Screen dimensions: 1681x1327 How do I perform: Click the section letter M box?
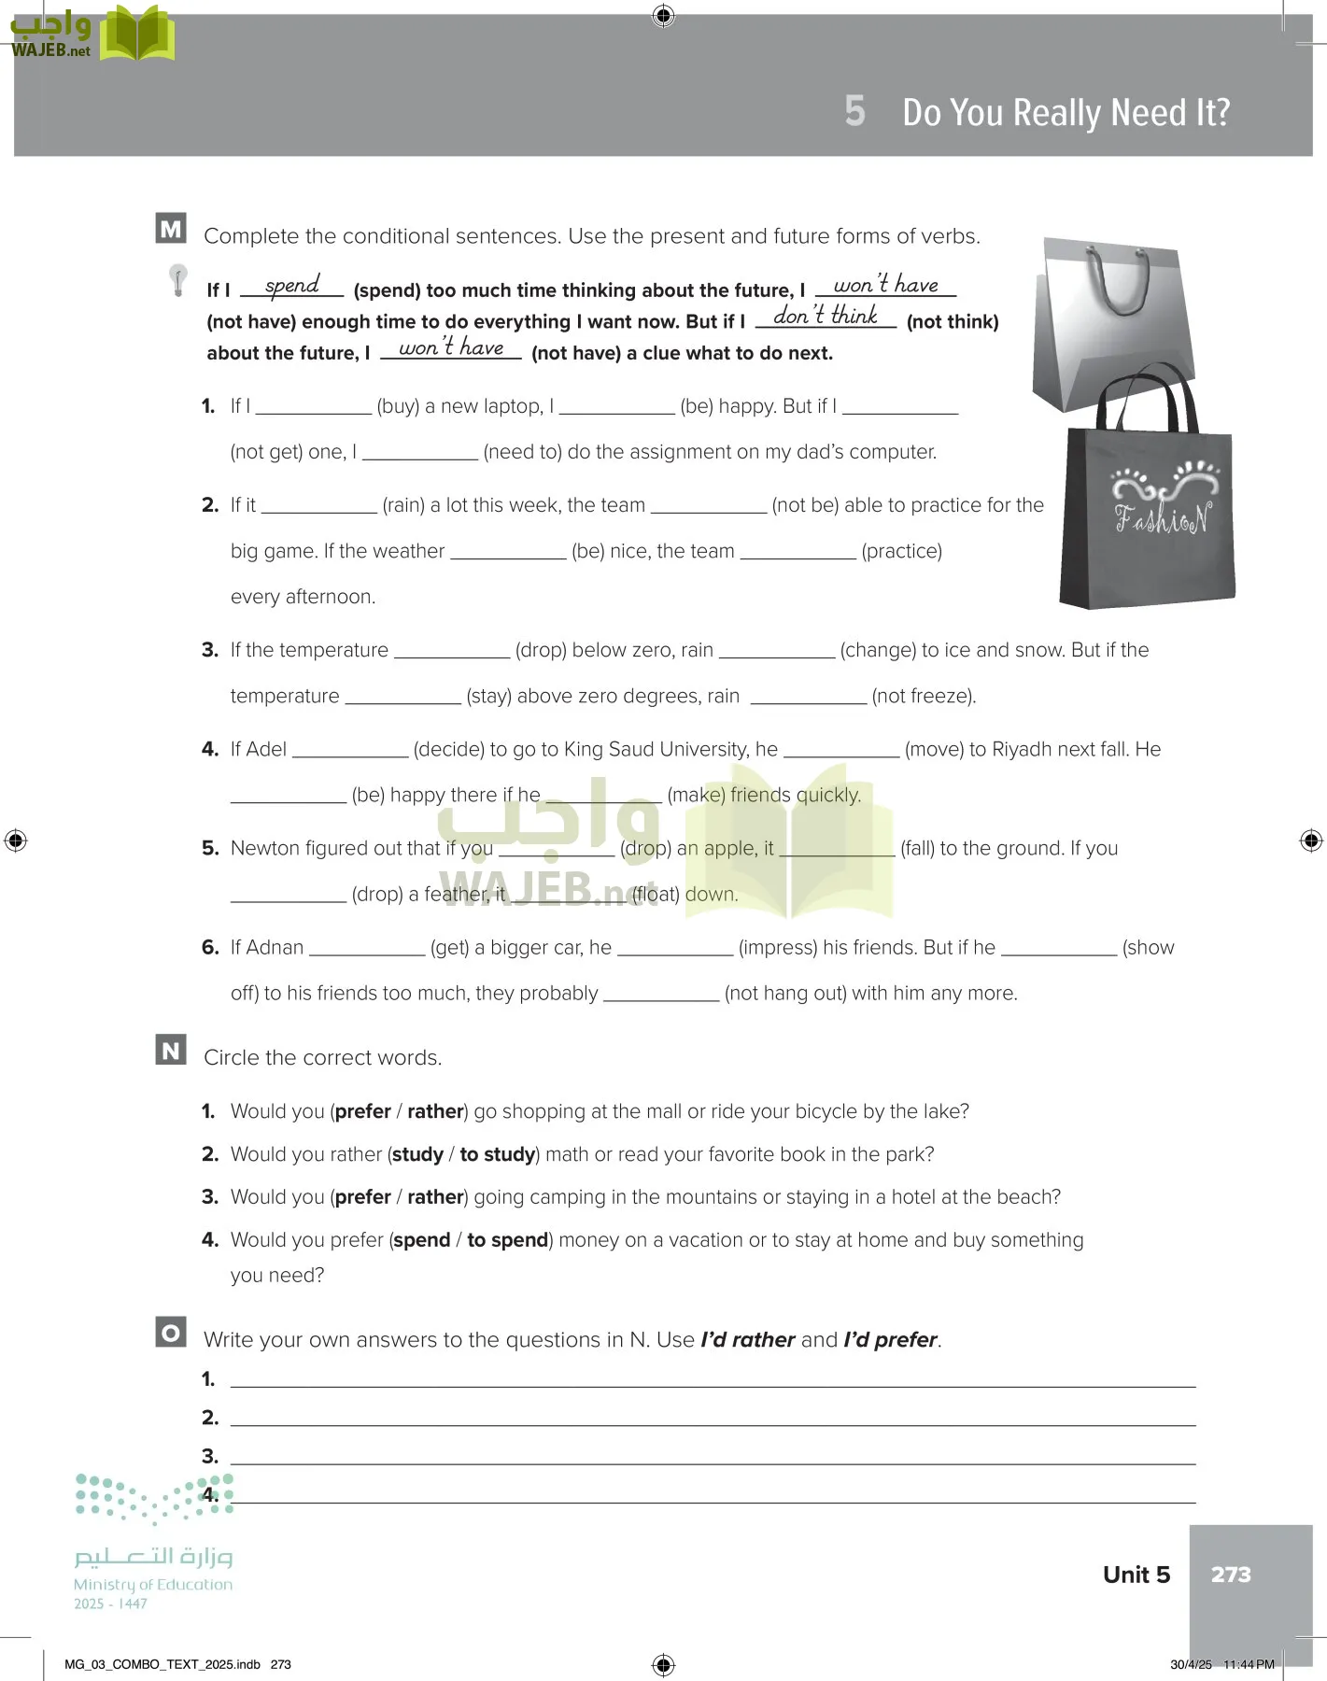tap(171, 229)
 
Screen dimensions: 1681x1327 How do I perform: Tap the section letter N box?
tap(171, 1050)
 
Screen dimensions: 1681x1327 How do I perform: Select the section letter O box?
tap(171, 1332)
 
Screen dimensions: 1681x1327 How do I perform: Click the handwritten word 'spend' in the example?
tap(291, 286)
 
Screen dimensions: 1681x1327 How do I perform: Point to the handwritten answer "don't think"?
tap(826, 316)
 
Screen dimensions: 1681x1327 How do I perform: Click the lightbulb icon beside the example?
tap(177, 279)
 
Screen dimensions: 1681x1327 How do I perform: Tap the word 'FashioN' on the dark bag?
tap(1164, 516)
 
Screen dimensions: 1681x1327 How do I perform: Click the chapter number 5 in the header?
tap(854, 111)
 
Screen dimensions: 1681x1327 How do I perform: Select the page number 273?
tap(1230, 1575)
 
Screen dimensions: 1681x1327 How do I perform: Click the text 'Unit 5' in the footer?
tap(1136, 1575)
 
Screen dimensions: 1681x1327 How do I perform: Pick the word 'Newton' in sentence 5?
tap(263, 848)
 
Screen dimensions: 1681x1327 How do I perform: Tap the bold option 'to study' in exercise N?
tap(498, 1154)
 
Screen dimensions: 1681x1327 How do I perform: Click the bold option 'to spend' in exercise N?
tap(507, 1240)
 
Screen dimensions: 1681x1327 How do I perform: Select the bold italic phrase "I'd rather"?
tap(747, 1339)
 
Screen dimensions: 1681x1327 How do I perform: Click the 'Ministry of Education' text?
tap(153, 1584)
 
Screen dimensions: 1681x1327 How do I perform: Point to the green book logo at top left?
tap(137, 35)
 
